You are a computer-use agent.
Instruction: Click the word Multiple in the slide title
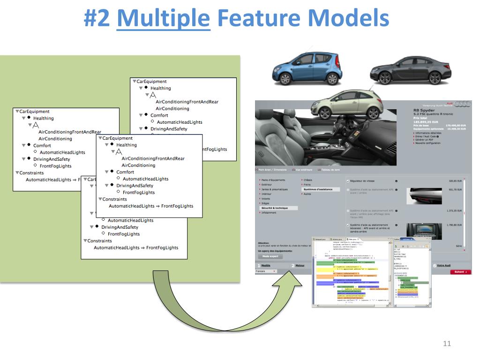click(163, 19)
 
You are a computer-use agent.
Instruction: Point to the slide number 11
click(447, 344)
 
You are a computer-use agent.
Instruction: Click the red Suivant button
click(460, 272)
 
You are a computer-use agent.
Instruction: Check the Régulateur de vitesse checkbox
click(347, 180)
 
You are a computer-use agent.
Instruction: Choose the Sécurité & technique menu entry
click(276, 208)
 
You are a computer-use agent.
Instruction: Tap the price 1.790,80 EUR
click(455, 225)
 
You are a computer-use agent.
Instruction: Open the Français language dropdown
click(266, 271)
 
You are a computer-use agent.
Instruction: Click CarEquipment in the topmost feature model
click(151, 82)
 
